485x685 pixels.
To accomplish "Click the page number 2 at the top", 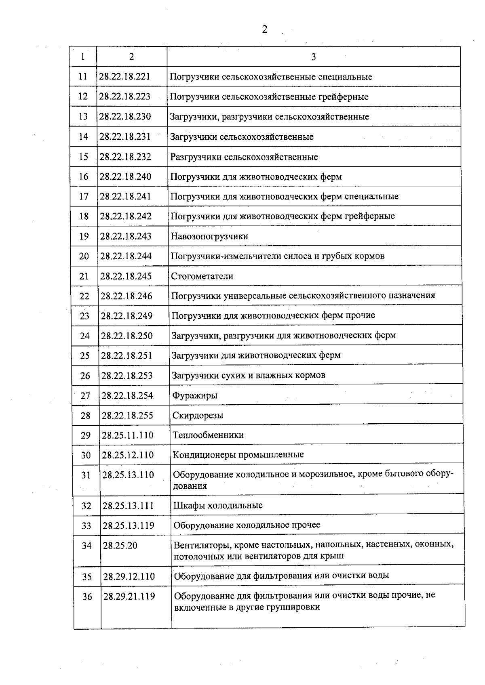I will [x=265, y=29].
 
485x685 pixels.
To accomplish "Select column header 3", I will [x=314, y=57].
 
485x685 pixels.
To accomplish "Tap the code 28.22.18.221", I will [x=124, y=77].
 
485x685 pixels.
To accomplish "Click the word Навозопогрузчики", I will [x=209, y=236].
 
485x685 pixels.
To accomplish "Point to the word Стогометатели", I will [x=202, y=276].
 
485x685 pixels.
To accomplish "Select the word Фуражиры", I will [x=195, y=395].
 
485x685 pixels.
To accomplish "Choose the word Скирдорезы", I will [x=198, y=415].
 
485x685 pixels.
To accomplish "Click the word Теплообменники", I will [x=208, y=435].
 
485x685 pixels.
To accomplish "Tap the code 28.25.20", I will [x=120, y=546].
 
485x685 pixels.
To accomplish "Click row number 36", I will [x=87, y=597].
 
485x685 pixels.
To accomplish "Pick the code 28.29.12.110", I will [x=129, y=576].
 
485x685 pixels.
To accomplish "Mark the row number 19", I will [x=84, y=236].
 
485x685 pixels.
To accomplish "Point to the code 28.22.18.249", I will [x=127, y=316].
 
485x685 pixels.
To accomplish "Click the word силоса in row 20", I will [x=299, y=256].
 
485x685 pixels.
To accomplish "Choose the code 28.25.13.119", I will [x=128, y=525].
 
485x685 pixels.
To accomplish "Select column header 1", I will [x=83, y=57].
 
